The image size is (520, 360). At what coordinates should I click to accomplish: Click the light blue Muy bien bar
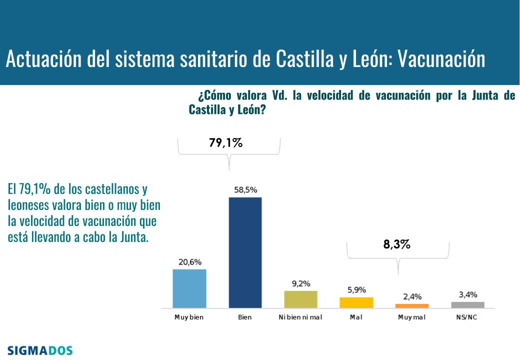click(189, 288)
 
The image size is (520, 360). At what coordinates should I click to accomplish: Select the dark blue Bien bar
click(245, 252)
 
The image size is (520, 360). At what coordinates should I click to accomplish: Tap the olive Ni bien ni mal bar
click(300, 299)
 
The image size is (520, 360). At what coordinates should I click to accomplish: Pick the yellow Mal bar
click(356, 302)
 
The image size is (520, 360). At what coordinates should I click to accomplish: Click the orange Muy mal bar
click(411, 305)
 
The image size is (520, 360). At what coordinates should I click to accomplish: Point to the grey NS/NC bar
click(467, 304)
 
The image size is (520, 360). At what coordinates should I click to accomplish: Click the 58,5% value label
click(245, 190)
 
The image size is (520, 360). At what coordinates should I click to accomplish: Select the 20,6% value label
click(189, 262)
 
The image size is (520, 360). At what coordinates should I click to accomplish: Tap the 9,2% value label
click(301, 283)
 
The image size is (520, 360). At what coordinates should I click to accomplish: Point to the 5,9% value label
click(356, 290)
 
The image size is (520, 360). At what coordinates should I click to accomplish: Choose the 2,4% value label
click(412, 297)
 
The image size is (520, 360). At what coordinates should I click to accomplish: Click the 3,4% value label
click(468, 294)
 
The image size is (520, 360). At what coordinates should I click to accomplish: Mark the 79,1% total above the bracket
click(225, 143)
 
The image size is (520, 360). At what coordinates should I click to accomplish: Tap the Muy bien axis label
click(189, 317)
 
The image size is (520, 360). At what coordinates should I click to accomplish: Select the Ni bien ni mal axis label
click(300, 317)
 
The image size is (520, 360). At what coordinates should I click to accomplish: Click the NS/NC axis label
click(467, 317)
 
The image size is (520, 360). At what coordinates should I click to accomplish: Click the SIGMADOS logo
click(40, 350)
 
